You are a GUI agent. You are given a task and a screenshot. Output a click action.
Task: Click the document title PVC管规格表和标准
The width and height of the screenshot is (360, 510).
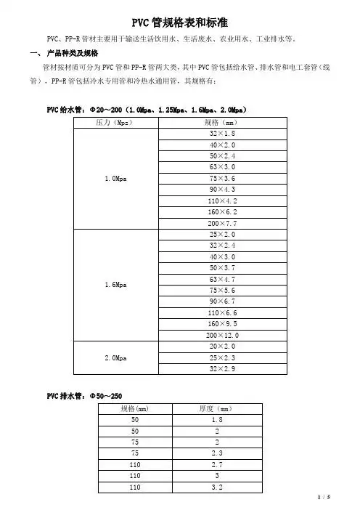coord(181,24)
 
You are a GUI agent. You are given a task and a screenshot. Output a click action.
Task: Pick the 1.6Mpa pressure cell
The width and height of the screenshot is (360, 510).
coord(112,285)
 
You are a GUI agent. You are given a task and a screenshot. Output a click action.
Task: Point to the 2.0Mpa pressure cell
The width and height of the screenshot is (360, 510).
coord(112,358)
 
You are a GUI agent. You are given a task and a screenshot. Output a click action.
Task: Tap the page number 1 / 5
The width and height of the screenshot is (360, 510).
coord(323,498)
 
